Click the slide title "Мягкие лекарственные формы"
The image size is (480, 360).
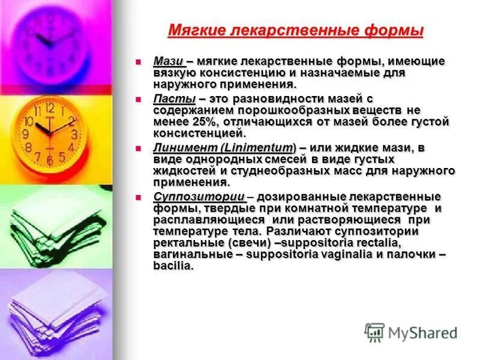point(295,30)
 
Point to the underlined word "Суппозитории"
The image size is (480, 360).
point(199,197)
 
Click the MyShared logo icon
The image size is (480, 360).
point(375,332)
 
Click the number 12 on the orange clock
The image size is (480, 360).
point(49,109)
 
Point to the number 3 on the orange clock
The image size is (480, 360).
point(74,134)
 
